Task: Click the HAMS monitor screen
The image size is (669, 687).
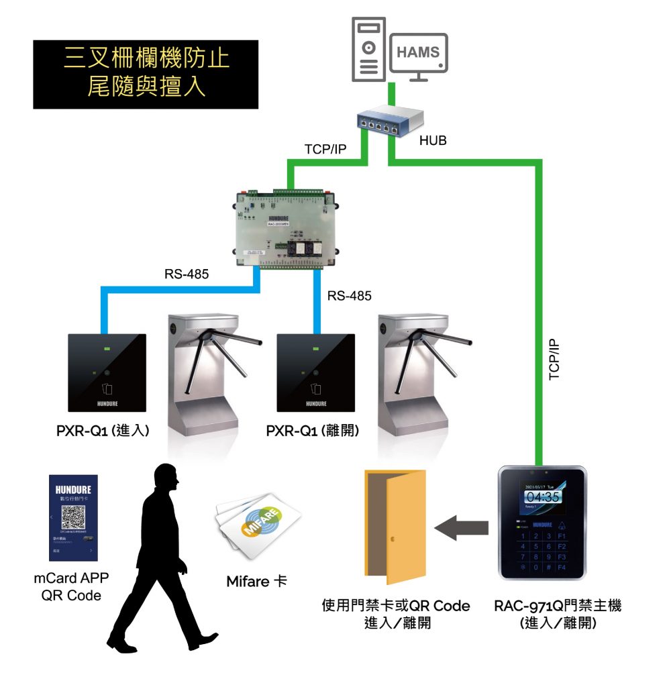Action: (x=418, y=53)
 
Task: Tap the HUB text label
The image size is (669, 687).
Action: (x=432, y=141)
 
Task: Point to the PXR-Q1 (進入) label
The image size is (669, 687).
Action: (x=103, y=430)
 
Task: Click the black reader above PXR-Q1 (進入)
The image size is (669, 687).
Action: (x=107, y=372)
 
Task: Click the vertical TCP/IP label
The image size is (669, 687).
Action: (x=555, y=359)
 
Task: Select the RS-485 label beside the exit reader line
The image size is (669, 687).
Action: (x=349, y=295)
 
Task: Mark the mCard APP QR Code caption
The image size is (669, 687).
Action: (x=70, y=586)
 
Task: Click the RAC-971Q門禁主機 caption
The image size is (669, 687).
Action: (x=558, y=606)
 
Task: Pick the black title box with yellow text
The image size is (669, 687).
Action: (x=146, y=74)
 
